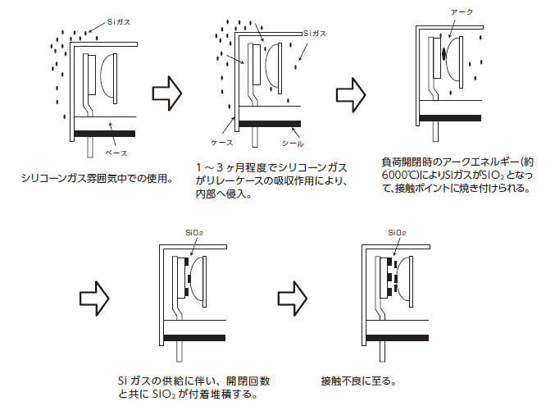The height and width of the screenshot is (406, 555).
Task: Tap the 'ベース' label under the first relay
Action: click(115, 152)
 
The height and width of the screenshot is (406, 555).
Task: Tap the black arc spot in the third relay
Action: click(444, 56)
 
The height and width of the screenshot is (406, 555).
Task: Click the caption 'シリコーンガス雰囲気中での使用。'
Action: click(97, 176)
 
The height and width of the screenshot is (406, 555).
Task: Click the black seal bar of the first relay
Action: click(105, 132)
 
